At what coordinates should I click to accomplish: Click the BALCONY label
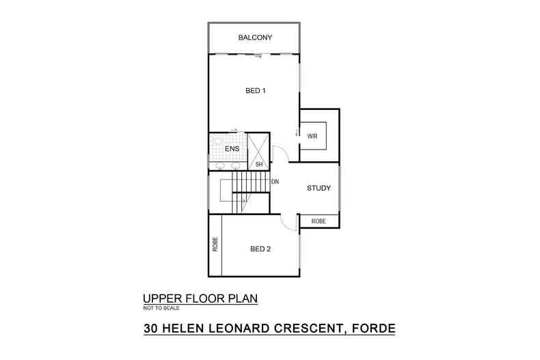[x=255, y=37]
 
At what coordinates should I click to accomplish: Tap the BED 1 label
[x=255, y=91]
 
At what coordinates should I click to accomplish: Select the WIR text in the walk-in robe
[x=312, y=137]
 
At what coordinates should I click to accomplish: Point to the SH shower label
[x=259, y=165]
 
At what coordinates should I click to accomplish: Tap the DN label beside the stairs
[x=275, y=182]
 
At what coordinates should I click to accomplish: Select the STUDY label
[x=319, y=188]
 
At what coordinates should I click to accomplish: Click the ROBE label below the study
[x=319, y=221]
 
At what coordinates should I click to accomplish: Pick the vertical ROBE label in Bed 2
[x=215, y=245]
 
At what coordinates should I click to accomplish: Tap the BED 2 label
[x=260, y=249]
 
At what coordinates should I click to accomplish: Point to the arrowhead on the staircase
[x=243, y=201]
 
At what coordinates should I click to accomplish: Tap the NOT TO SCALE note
[x=161, y=309]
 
